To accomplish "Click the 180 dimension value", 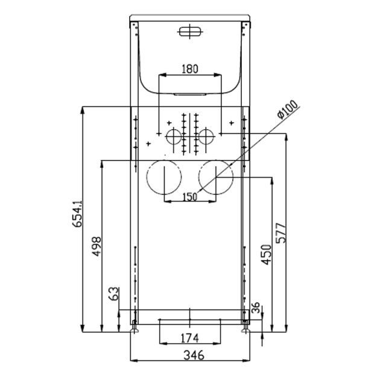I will click(x=189, y=69).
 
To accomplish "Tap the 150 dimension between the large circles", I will click(x=189, y=197).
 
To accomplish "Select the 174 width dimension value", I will click(x=189, y=335).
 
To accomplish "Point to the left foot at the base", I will click(x=135, y=329).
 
